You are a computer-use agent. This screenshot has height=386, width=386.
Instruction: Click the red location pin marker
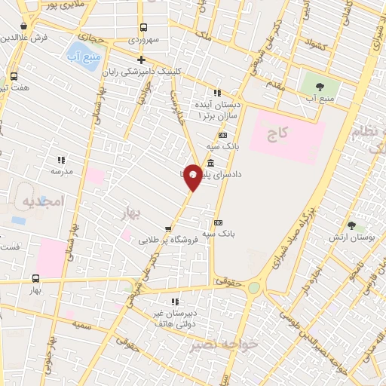pyautogui.click(x=193, y=176)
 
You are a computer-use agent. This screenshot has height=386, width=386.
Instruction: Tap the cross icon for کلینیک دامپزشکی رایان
pyautogui.click(x=141, y=60)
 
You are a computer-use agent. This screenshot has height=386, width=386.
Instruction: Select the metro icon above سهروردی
pyautogui.click(x=142, y=27)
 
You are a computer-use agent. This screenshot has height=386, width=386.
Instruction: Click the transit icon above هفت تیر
pyautogui.click(x=14, y=76)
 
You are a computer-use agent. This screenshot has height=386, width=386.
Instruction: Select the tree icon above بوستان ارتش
pyautogui.click(x=351, y=225)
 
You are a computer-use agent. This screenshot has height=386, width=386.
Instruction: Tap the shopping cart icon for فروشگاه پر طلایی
pyautogui.click(x=168, y=228)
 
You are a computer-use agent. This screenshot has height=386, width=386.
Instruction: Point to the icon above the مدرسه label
pyautogui.click(x=61, y=160)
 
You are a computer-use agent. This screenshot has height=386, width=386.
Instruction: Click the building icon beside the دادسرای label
pyautogui.click(x=209, y=164)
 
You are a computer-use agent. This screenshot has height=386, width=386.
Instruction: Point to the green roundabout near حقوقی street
pyautogui.click(x=254, y=287)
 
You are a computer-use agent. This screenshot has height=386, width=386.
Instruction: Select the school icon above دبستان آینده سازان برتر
pyautogui.click(x=217, y=93)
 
